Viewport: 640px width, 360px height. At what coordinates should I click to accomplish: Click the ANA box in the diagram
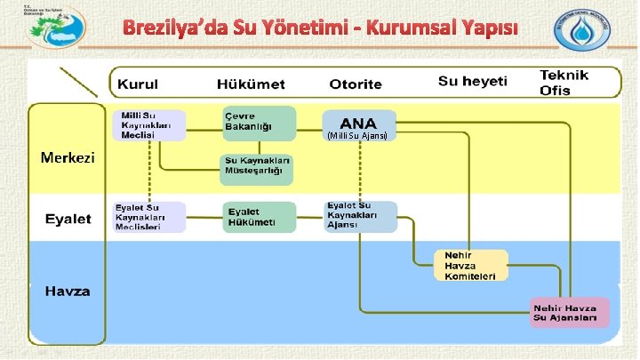click(359, 126)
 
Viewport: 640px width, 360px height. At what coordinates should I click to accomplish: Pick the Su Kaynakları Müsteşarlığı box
click(258, 169)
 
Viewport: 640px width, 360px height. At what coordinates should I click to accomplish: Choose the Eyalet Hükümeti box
click(258, 217)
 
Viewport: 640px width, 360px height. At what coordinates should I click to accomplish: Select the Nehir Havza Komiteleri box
click(471, 265)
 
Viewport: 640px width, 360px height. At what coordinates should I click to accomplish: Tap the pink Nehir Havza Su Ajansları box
click(570, 312)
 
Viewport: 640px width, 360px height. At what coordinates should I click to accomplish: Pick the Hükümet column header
click(251, 85)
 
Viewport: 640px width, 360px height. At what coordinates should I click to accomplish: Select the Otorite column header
click(356, 85)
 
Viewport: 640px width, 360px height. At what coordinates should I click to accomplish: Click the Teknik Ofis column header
click(564, 83)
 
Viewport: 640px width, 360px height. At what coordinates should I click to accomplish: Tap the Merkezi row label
click(68, 158)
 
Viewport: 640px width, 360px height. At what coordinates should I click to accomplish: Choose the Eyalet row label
click(68, 219)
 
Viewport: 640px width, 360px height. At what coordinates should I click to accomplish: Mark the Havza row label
click(68, 291)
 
